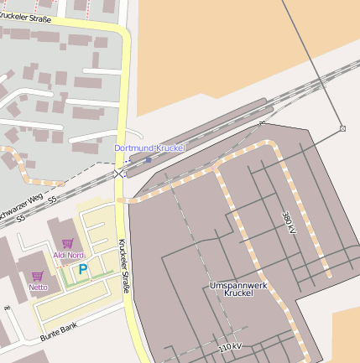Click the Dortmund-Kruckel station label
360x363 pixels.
(149, 148)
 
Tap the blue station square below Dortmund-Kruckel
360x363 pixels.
(149, 158)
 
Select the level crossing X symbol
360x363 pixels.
(118, 173)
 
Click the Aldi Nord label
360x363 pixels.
(68, 255)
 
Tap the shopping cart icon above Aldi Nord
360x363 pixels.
(67, 243)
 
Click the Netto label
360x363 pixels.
(38, 287)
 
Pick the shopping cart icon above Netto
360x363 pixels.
(37, 275)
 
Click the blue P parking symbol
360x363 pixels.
(82, 269)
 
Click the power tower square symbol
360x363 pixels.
(342, 128)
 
